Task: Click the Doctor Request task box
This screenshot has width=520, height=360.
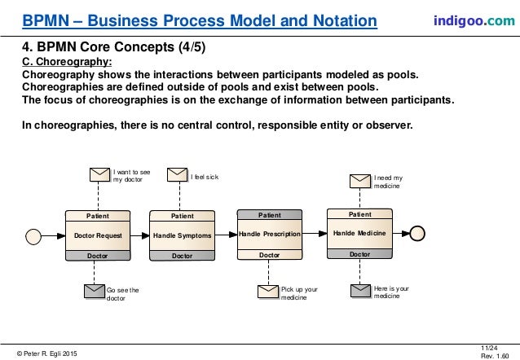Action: tap(98, 235)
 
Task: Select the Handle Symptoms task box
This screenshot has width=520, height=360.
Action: tap(183, 235)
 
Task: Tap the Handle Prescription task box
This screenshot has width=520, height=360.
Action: tap(269, 234)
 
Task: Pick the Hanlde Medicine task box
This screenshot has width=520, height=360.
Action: tap(359, 233)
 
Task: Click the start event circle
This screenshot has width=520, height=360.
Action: tap(33, 235)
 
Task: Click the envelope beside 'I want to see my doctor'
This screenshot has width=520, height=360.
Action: tap(98, 173)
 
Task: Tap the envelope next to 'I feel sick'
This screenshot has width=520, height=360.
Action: tap(177, 173)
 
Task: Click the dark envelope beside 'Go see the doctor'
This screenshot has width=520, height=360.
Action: tap(94, 291)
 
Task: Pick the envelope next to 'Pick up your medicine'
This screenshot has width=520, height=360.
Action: tap(268, 292)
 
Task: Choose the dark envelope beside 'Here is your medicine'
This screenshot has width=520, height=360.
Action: tap(360, 292)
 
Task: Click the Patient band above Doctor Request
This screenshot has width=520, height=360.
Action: tap(98, 216)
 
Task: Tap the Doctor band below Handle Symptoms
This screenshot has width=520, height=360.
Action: tap(183, 256)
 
